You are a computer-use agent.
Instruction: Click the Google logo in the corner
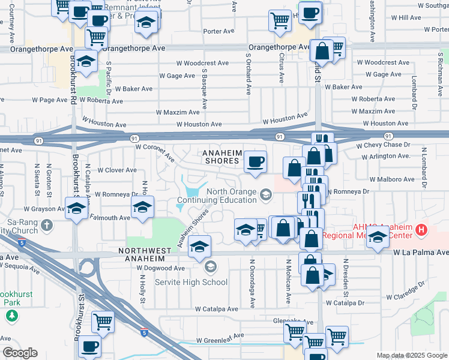click(20, 353)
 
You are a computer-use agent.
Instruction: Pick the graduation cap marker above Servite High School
click(200, 246)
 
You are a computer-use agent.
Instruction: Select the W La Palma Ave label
click(421, 253)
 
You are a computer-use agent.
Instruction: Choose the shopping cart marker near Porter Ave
click(280, 22)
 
